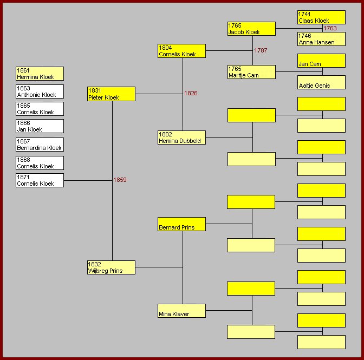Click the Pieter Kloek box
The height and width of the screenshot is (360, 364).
pyautogui.click(x=111, y=94)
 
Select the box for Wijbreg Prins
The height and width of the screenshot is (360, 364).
pyautogui.click(x=111, y=267)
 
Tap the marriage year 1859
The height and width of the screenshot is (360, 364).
pyautogui.click(x=120, y=180)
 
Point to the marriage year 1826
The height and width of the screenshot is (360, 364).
pyautogui.click(x=191, y=93)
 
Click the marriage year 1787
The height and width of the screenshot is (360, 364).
pyautogui.click(x=261, y=50)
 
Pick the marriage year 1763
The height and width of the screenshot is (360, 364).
pyautogui.click(x=330, y=28)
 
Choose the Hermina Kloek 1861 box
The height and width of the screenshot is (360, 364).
pyautogui.click(x=40, y=74)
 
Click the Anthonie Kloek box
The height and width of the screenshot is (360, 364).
pyautogui.click(x=40, y=91)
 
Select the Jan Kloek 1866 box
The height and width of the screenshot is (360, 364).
pyautogui.click(x=40, y=126)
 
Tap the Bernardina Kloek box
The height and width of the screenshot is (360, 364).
pyautogui.click(x=40, y=145)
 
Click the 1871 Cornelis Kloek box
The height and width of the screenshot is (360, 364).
pyautogui.click(x=40, y=180)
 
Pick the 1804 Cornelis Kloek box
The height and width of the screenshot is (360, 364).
pyautogui.click(x=181, y=51)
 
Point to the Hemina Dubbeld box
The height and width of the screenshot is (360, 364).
pyautogui.click(x=181, y=138)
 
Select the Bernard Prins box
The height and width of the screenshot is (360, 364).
pyautogui.click(x=181, y=224)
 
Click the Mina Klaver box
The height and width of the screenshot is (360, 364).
pyautogui.click(x=181, y=311)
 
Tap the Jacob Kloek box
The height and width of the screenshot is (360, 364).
pyautogui.click(x=252, y=29)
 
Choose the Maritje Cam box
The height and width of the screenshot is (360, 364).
pyautogui.click(x=252, y=72)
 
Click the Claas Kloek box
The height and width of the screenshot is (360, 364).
pyautogui.click(x=322, y=17)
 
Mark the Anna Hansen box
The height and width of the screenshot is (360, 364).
pyautogui.click(x=322, y=39)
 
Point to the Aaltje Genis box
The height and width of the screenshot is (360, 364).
pyautogui.click(x=322, y=82)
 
